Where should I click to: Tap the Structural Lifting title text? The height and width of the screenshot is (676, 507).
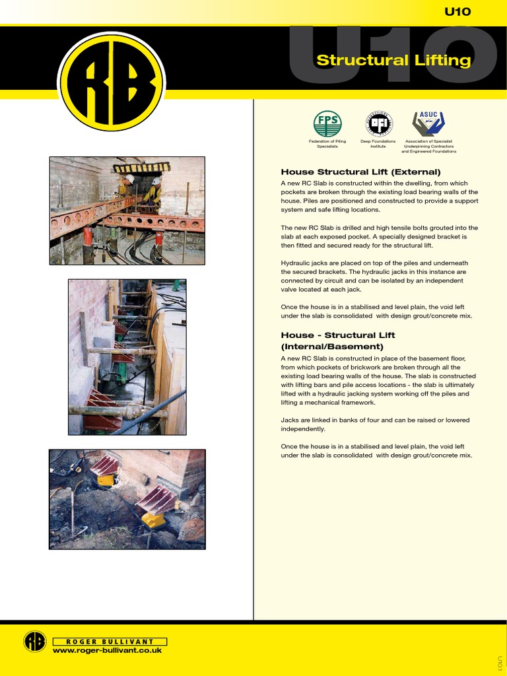coord(393,61)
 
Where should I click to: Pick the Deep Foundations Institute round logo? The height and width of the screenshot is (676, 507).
coord(378,123)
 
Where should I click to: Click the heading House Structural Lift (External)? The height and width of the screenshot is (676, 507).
coord(360,172)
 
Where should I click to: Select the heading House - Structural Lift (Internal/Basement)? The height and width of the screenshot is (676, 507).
coord(338,341)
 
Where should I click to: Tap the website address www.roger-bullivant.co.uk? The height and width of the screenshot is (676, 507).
coord(107,650)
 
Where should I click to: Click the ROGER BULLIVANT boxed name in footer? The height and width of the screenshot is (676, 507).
coord(110,641)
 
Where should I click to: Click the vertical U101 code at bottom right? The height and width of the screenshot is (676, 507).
coord(500,662)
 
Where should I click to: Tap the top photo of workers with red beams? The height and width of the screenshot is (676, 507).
coord(127,211)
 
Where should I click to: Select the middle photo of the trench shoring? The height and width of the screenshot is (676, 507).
coord(127,356)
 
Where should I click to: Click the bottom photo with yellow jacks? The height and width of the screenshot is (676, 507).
coord(127,499)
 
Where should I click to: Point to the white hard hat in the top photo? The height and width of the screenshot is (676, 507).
coord(130,179)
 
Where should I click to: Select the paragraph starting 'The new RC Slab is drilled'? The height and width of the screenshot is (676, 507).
coord(380,236)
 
